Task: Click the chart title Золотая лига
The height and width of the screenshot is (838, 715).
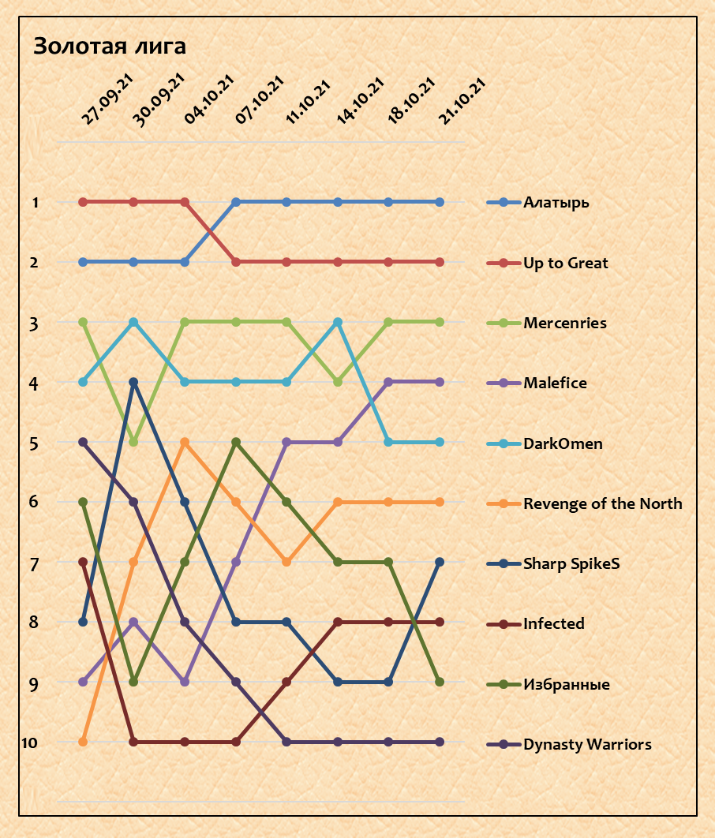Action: point(110,47)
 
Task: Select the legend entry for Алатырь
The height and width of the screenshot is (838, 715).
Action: point(556,203)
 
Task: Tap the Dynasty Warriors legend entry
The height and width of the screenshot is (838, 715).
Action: point(587,744)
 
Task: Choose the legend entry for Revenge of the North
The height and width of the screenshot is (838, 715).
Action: point(602,503)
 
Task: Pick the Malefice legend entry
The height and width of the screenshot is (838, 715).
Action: point(555,383)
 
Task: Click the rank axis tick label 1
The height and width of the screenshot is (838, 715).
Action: point(35,203)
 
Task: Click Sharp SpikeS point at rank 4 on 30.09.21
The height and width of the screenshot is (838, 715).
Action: point(133,382)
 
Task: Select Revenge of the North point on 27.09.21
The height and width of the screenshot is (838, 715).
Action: point(83,742)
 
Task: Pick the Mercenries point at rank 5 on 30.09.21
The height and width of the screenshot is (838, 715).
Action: point(133,442)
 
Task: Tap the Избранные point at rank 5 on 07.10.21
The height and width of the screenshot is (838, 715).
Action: point(235,442)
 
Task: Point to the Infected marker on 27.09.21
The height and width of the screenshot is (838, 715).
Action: point(83,562)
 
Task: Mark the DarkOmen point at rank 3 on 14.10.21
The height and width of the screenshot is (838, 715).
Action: point(338,322)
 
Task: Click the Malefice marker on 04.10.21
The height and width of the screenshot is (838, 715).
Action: point(185,682)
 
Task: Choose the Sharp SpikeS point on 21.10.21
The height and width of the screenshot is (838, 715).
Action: point(440,562)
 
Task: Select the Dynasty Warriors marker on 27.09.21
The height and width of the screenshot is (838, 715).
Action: point(83,442)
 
